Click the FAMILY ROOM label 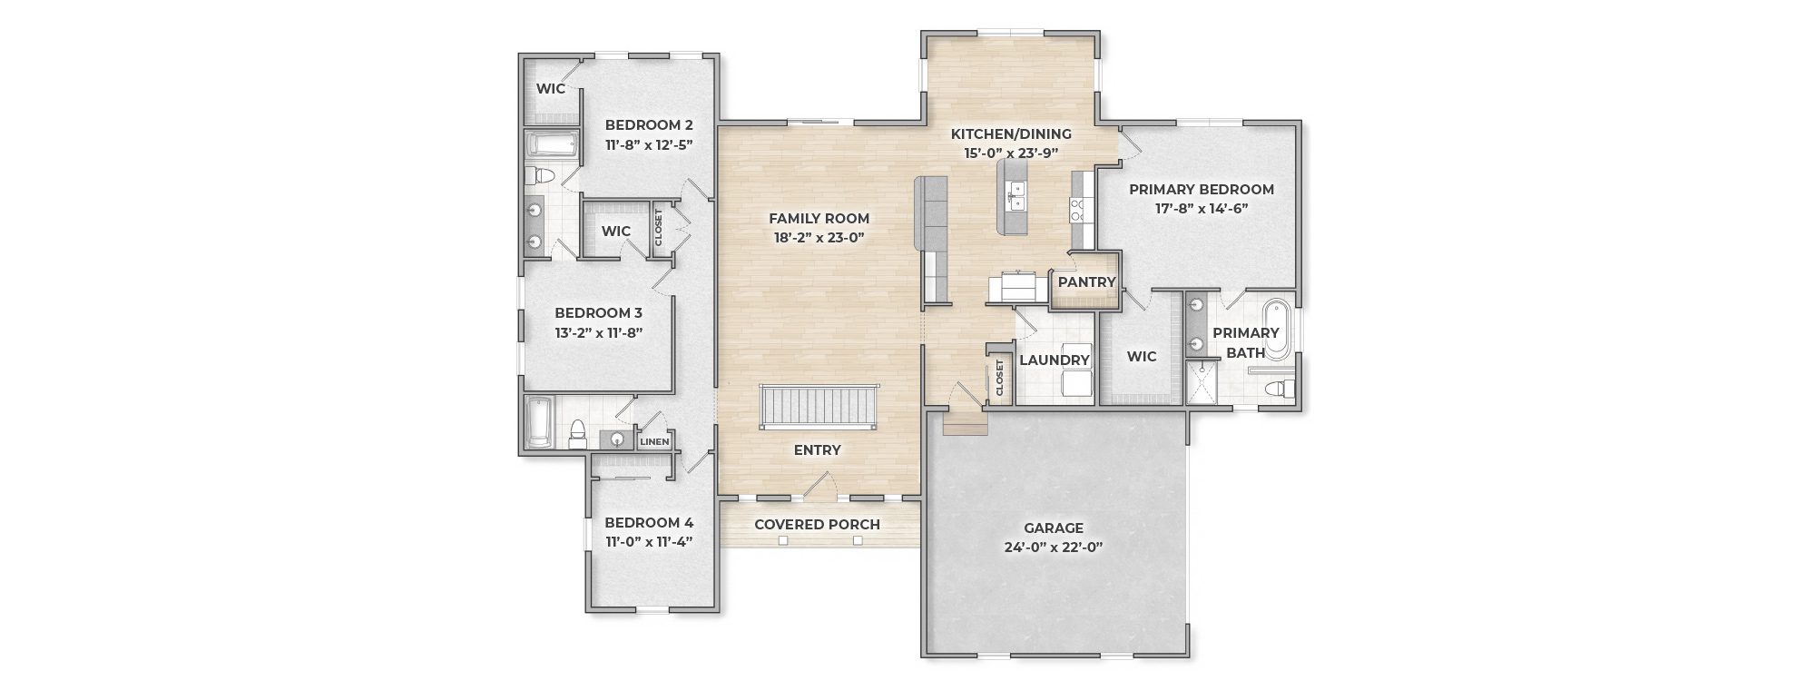pos(819,219)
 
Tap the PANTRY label pos(1086,282)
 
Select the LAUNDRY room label pos(1054,360)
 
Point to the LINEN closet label pos(654,442)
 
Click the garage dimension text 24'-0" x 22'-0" pos(1054,548)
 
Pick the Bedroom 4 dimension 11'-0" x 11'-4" pos(649,542)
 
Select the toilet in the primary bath pos(1279,390)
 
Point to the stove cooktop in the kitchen pos(1078,211)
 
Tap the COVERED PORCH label pos(817,525)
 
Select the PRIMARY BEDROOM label pos(1202,190)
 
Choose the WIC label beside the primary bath pos(1141,357)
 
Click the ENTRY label pos(817,450)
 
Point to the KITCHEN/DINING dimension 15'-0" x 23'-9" pos(1012,153)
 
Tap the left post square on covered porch pos(782,541)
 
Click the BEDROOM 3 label pos(598,313)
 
